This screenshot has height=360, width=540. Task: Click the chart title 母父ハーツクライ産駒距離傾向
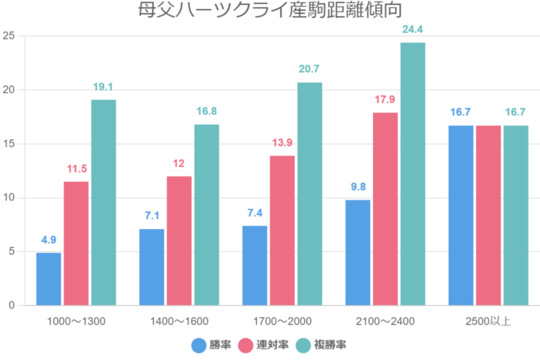[x=270, y=11]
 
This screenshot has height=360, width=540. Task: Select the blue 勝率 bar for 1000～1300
[x=49, y=278]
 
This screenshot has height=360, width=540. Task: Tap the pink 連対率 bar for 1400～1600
[x=179, y=241]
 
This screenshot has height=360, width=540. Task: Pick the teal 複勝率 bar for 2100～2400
[x=412, y=173]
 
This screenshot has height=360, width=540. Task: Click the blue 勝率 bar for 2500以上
[x=461, y=215]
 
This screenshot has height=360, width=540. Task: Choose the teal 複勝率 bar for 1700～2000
[x=309, y=194]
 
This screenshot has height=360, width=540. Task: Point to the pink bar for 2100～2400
[x=385, y=209]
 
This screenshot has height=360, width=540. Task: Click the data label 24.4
[x=412, y=30]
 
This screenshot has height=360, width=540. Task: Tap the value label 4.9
[x=49, y=241]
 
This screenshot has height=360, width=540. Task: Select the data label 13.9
[x=282, y=143]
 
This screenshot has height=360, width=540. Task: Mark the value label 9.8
[x=358, y=187]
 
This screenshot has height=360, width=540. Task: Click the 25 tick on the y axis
[x=8, y=36]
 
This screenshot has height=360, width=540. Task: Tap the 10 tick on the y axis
[x=8, y=198]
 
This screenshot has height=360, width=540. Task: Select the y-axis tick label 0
[x=11, y=305]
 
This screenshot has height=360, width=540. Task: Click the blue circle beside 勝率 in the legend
[x=199, y=345]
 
